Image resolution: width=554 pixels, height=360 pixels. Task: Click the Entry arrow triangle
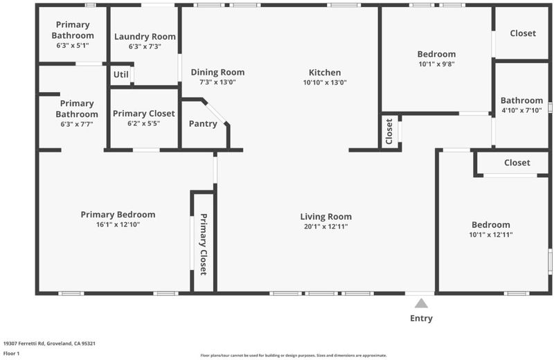click(421, 303)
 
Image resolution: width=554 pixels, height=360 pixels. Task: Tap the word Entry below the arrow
click(421, 318)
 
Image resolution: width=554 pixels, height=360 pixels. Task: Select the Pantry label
click(203, 124)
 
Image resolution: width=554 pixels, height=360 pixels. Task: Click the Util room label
click(120, 75)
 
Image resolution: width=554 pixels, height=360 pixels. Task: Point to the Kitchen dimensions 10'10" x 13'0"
click(325, 82)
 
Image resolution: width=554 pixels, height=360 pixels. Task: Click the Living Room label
click(325, 217)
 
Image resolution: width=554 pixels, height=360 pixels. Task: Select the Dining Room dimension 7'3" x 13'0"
click(217, 82)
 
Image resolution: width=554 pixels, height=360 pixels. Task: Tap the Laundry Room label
click(145, 37)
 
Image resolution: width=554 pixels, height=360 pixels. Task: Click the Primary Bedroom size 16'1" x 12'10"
click(118, 225)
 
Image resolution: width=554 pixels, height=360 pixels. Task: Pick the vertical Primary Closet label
click(203, 244)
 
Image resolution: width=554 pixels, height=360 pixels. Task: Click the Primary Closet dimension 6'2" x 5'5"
click(144, 124)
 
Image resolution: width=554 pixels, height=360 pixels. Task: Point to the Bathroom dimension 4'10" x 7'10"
click(521, 111)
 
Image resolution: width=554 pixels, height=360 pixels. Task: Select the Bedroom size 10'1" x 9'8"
click(436, 64)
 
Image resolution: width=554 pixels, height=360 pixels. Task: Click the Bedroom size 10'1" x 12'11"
click(491, 235)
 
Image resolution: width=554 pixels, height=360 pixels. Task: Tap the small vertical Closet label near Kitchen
click(389, 132)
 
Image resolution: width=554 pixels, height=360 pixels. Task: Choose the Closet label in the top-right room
click(523, 33)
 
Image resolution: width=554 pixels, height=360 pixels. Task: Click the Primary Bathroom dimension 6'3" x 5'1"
click(73, 46)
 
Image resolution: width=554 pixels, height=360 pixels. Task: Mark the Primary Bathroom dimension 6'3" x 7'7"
click(77, 125)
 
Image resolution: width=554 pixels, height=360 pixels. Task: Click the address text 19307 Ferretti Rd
click(24, 343)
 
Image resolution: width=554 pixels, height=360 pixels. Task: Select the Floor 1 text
click(11, 353)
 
